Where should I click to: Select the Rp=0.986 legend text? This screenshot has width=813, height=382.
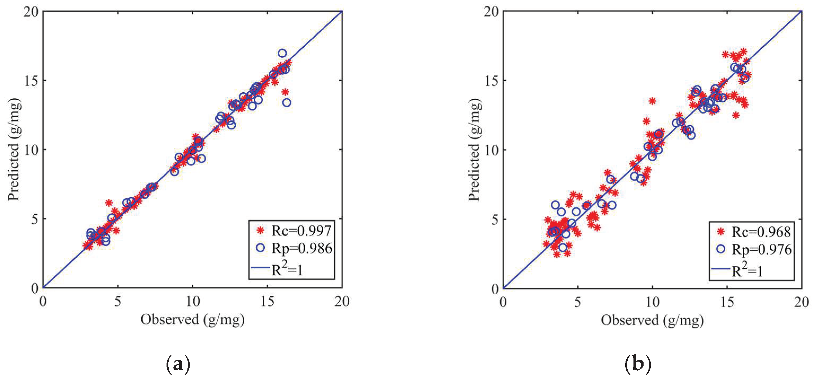point(302,249)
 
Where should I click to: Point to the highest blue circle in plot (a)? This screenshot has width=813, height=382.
point(282,53)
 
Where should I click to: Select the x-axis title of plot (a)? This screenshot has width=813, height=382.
point(193,320)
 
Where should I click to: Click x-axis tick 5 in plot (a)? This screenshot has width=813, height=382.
point(117,302)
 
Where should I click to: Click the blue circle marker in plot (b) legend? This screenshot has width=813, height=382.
point(720,249)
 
